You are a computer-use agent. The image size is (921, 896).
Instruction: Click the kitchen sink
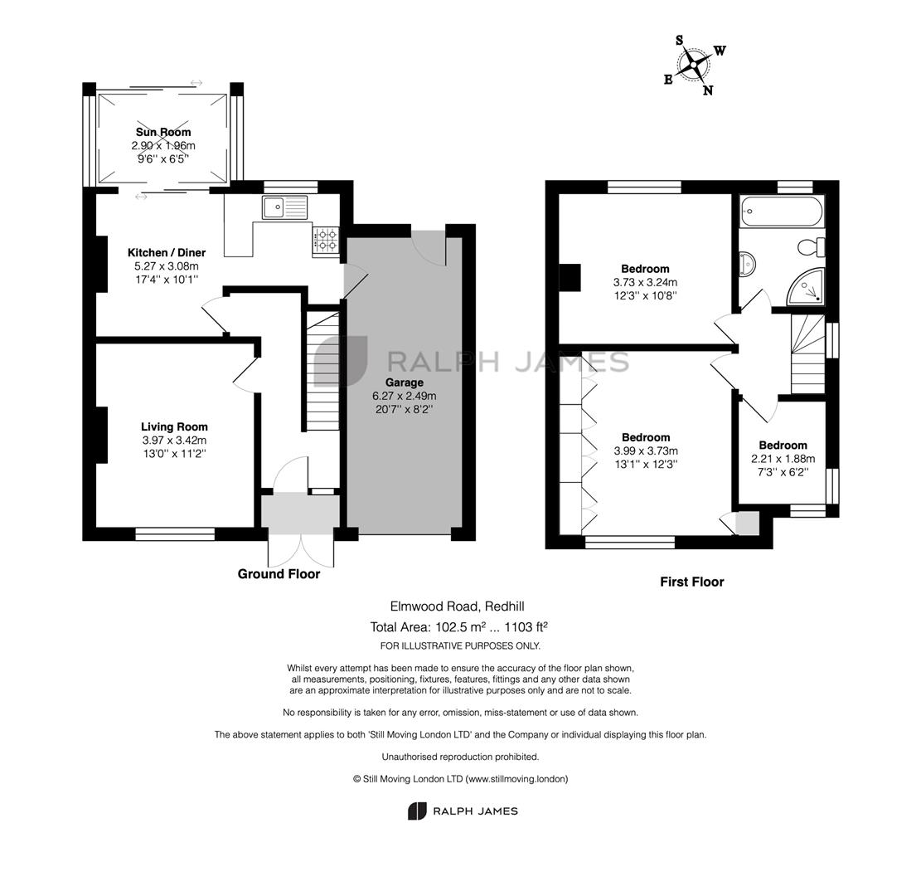coord(285,207)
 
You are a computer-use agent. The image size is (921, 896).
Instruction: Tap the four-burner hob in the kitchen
coord(327,241)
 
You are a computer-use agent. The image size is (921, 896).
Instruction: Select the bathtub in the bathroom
coord(783,211)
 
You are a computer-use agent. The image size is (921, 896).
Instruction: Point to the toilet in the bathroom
coord(812,247)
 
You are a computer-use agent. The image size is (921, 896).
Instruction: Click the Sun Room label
coord(163,132)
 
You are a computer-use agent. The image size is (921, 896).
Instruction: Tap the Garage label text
coord(404,382)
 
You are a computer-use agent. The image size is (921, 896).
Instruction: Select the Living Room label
coord(174,426)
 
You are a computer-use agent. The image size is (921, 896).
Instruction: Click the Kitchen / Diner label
coord(167,253)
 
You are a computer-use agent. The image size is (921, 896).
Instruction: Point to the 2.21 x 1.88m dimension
coord(783,459)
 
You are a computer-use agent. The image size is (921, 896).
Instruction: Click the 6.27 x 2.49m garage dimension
coord(404,396)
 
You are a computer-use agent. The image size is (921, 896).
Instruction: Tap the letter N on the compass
coord(708,90)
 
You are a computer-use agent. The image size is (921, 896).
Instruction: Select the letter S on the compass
coord(680,40)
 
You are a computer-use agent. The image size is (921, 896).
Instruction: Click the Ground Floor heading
coord(279,574)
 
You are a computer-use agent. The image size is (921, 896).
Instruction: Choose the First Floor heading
coord(692,582)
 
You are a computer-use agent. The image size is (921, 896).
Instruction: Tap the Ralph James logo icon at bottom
coord(416,811)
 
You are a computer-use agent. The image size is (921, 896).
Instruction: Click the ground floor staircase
coord(322,371)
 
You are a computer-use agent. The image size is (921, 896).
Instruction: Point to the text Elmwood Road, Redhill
coord(457,606)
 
